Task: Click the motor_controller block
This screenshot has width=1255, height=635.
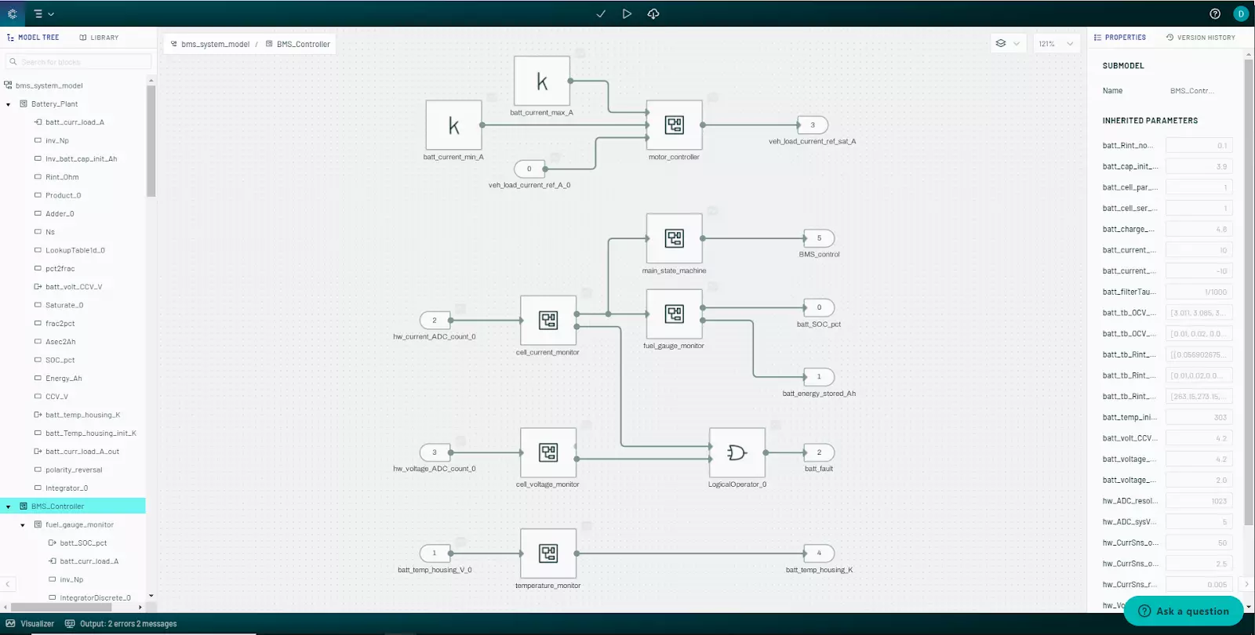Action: [674, 125]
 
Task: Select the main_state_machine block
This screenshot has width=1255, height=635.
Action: [674, 238]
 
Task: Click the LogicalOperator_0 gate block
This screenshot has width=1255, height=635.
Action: [737, 452]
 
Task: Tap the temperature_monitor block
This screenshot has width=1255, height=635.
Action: [547, 553]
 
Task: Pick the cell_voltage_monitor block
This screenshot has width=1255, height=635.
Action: [547, 452]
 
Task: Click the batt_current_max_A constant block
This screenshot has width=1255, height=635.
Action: [541, 81]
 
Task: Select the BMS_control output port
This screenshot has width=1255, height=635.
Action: [819, 238]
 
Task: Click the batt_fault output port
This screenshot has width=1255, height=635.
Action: [819, 452]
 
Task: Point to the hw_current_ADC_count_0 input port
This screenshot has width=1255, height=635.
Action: [435, 321]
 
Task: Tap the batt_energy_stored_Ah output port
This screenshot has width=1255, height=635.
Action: [819, 377]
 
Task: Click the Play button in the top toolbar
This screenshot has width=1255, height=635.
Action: [627, 13]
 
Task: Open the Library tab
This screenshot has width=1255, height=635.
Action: [99, 38]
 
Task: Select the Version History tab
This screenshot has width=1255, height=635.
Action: [1200, 38]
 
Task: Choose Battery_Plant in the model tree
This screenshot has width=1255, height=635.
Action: [54, 104]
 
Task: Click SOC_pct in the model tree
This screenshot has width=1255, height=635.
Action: [60, 361]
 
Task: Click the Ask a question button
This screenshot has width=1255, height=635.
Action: [1184, 611]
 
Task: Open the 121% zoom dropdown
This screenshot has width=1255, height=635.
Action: [1055, 44]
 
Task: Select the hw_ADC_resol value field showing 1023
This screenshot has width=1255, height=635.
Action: [1199, 501]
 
